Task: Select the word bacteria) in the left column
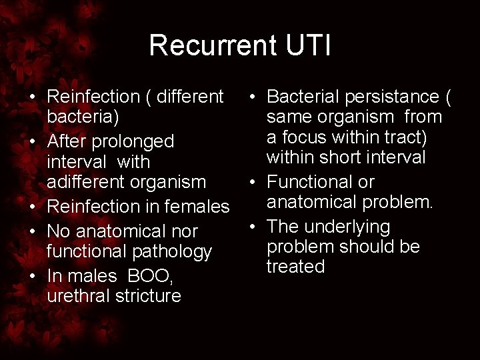point(83,118)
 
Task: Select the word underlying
point(346,227)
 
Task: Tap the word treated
point(295,267)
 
